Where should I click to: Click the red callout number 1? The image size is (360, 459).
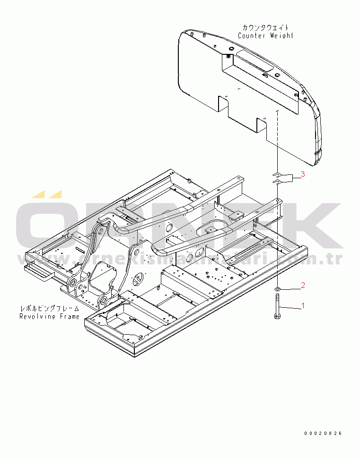[x=303, y=306]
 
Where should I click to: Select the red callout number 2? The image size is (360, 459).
[x=303, y=285]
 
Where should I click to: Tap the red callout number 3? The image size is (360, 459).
[x=303, y=174]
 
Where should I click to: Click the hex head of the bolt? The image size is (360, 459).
[x=277, y=317]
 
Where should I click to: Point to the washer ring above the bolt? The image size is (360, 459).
[x=277, y=289]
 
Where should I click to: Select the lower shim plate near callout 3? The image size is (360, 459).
[x=277, y=182]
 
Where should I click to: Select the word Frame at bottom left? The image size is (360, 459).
[x=70, y=316]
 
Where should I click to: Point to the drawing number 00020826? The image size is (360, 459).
[x=323, y=433]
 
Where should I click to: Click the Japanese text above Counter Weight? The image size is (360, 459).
[x=265, y=28]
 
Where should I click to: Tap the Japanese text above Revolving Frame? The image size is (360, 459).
[x=50, y=309]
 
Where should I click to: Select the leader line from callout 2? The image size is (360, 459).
[x=290, y=289]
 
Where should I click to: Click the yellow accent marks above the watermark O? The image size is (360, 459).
[x=47, y=194]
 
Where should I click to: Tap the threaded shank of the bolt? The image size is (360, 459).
[x=277, y=305]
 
